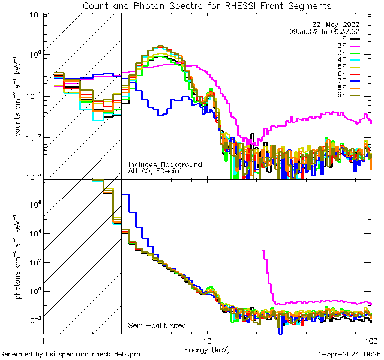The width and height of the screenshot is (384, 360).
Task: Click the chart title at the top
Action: [207, 6]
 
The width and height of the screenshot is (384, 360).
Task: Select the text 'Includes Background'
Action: [165, 164]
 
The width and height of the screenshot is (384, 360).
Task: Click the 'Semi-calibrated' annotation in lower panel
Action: [157, 326]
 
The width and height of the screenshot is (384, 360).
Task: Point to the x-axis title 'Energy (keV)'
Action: [207, 349]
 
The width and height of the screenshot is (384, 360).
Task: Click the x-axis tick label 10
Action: [207, 341]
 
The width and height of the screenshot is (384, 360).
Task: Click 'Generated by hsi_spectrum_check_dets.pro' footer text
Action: [70, 354]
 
